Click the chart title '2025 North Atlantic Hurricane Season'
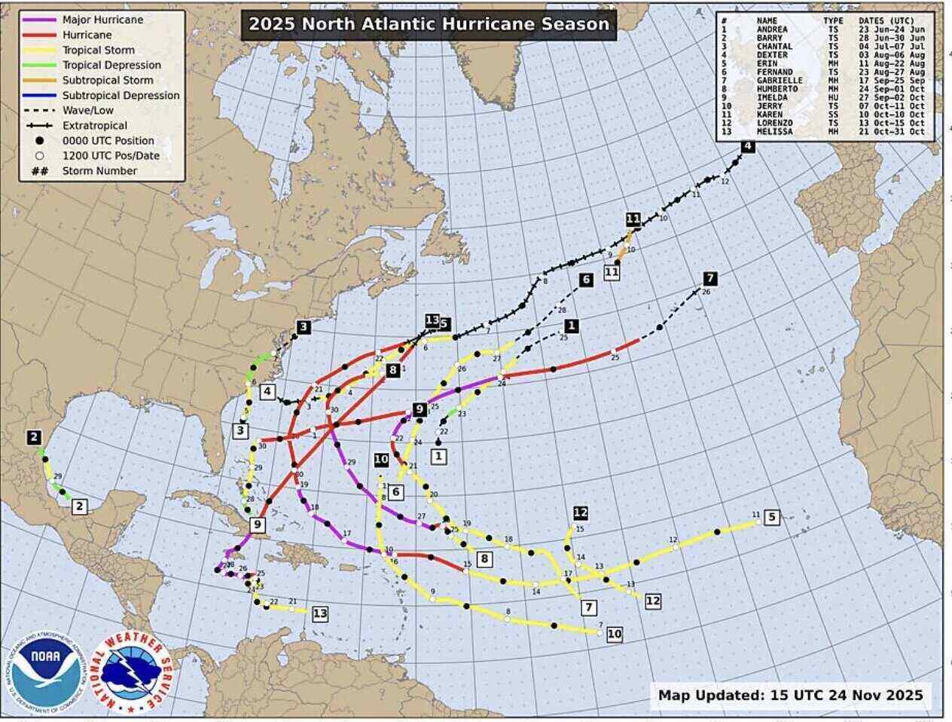point(429,24)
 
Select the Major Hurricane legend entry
point(102,20)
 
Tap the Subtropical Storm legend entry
point(107,80)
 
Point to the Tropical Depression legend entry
point(111,65)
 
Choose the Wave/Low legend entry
point(88,110)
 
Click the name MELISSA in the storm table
point(774,132)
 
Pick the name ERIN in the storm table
point(767,63)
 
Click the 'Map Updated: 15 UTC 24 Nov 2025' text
point(790,695)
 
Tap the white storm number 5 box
point(771,517)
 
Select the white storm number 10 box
point(615,634)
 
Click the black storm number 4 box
point(747,147)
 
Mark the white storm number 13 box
point(320,613)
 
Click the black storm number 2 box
point(33,437)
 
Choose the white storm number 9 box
point(258,525)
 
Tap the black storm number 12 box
point(581,513)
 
